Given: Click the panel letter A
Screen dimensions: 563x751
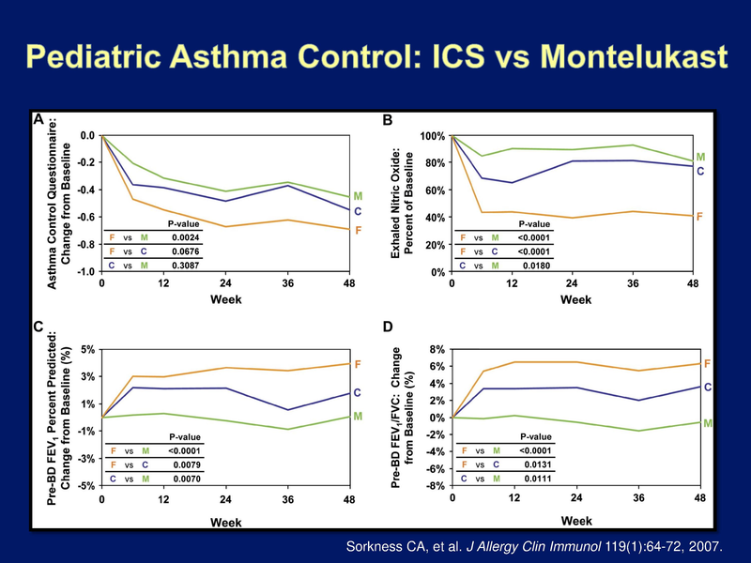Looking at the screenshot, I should pos(38,120).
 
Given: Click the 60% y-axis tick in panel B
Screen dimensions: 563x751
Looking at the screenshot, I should pos(432,190).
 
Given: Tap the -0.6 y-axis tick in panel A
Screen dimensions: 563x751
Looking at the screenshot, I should pos(85,218).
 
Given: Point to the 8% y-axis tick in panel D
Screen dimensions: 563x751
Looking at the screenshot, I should pos(437,349).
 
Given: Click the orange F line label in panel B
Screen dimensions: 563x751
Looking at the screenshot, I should pos(699,216).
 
